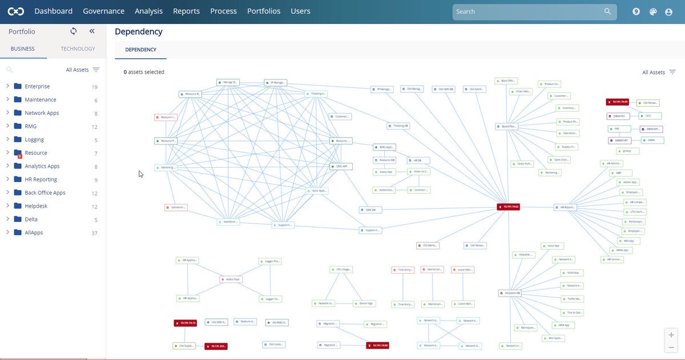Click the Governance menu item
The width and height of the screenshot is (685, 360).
(103, 11)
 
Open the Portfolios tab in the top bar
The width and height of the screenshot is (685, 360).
(264, 11)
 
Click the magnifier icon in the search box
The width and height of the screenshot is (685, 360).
(607, 11)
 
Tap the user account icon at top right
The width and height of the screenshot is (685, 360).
(668, 11)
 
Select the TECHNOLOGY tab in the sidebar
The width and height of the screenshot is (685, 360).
(78, 48)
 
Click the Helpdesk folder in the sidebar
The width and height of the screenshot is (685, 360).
(36, 206)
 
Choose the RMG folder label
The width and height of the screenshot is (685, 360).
(30, 126)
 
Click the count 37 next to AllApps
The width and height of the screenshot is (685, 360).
(94, 233)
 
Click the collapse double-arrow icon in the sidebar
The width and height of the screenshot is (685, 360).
(92, 31)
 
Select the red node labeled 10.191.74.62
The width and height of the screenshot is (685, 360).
(508, 207)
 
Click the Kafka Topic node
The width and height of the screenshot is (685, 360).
(231, 280)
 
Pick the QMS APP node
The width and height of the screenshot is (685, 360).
(341, 167)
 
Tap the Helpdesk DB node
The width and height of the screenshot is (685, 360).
(510, 293)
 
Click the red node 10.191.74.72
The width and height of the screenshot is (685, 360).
(185, 323)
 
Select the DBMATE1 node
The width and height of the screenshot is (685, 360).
(618, 116)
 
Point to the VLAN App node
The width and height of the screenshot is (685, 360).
(571, 273)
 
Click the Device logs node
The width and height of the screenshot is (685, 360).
(364, 304)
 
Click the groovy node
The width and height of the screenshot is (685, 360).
(627, 151)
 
